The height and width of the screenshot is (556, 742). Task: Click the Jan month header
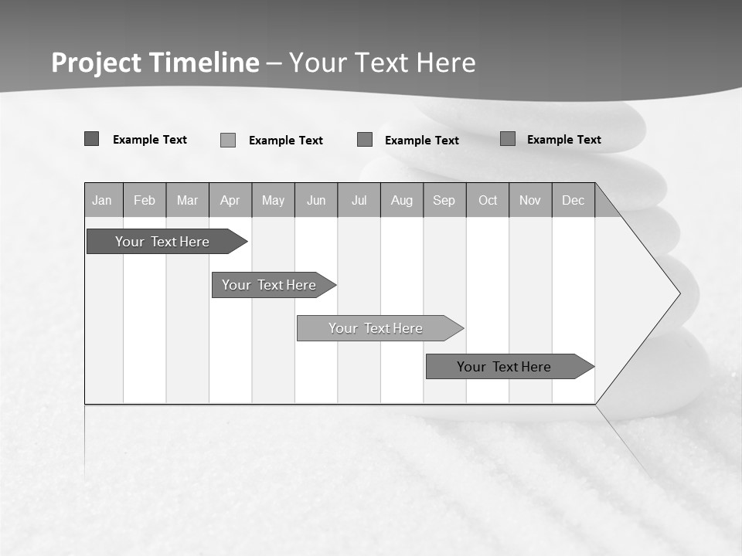102,200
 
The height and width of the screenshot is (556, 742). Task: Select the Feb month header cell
145,200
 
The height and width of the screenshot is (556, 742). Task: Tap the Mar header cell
187,200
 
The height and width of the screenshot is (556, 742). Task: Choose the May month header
273,200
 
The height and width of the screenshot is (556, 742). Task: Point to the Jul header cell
359,200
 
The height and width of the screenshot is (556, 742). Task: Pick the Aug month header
402,200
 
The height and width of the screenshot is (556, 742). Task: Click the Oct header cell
488,200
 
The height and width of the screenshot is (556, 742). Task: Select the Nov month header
530,200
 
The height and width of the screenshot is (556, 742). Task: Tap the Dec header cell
574,200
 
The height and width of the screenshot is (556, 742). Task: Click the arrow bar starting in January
162,242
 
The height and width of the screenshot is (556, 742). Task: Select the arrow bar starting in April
269,285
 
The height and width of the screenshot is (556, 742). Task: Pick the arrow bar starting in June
376,328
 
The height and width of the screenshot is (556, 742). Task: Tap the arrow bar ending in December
504,367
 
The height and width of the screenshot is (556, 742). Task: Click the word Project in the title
96,63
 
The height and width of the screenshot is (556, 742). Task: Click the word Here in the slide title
446,63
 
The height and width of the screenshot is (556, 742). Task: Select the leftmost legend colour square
92,139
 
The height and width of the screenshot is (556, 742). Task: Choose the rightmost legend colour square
508,139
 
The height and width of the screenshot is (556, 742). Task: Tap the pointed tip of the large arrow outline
679,293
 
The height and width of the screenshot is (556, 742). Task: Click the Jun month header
316,200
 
